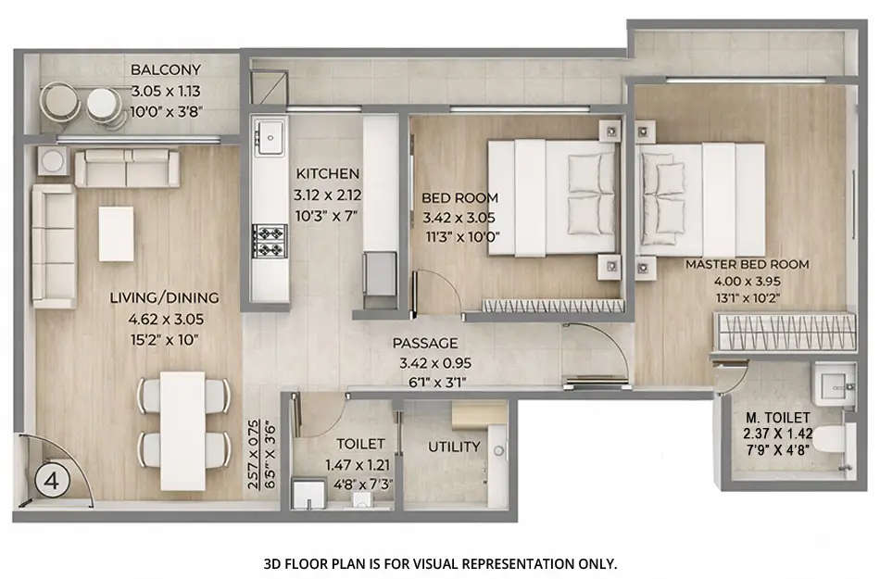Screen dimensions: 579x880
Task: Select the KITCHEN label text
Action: point(327,174)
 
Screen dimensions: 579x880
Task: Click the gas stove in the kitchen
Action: point(269,242)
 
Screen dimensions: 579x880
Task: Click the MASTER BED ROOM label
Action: point(747,264)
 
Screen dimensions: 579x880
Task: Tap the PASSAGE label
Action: point(425,343)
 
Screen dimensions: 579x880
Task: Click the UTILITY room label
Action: point(454,447)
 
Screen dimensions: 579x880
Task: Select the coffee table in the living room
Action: point(116,233)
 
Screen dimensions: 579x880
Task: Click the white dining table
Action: point(182,431)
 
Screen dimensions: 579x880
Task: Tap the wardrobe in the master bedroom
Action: point(778,330)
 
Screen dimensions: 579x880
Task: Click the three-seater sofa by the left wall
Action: point(53,245)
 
